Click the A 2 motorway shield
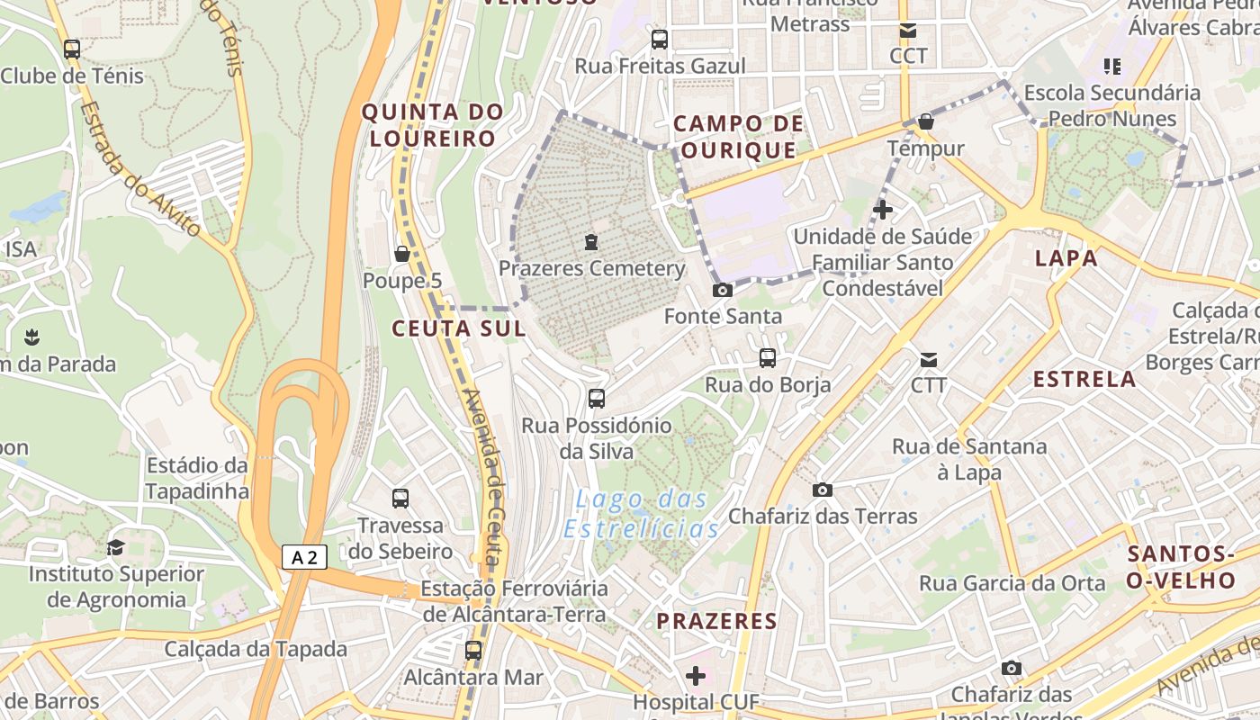point(304,557)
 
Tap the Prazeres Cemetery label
point(591,268)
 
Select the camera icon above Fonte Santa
point(722,290)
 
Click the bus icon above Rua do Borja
point(768,358)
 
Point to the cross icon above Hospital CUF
point(696,675)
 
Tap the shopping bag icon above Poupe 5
point(402,254)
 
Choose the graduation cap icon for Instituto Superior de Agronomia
point(116,547)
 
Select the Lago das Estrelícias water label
point(641,514)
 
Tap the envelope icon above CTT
point(929,360)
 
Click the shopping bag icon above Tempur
point(926,121)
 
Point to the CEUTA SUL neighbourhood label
point(458,328)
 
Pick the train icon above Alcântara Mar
point(473,650)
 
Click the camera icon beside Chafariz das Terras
point(822,490)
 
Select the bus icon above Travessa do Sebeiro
point(400,498)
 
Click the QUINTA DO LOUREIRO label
point(432,125)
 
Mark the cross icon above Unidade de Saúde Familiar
point(883,210)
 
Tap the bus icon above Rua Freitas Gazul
point(660,40)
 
